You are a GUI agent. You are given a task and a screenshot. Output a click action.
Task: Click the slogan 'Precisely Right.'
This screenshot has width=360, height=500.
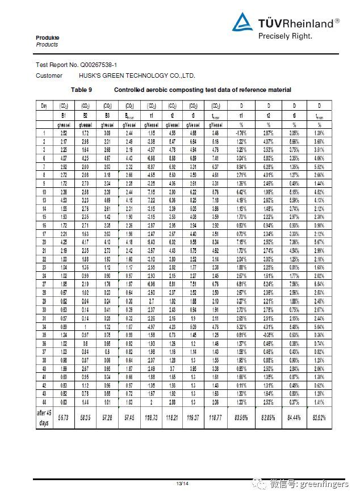285,36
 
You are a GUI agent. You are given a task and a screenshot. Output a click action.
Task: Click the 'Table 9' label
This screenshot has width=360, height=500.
81,90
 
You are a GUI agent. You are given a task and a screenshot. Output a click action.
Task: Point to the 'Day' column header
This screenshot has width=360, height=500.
44,106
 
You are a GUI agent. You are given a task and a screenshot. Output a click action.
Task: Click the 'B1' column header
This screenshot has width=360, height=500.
65,115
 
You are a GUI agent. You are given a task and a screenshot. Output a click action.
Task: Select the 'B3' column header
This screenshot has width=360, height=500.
107,115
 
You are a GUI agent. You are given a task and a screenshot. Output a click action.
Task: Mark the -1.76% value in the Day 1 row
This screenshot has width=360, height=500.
241,133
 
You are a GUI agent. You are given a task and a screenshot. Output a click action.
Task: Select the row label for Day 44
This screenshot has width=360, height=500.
44,402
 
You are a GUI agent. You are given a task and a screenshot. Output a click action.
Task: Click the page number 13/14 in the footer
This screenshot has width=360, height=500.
182,483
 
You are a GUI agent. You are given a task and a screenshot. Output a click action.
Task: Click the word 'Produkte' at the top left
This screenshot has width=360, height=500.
47,38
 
